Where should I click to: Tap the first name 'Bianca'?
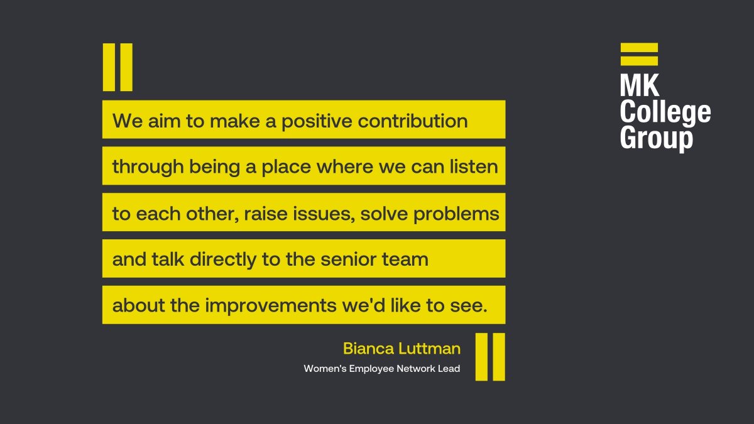[x=363, y=349]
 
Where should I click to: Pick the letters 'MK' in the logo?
[x=640, y=85]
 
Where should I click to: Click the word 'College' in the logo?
[x=665, y=112]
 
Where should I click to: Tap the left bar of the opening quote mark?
[x=109, y=67]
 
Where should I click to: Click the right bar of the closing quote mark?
[x=498, y=357]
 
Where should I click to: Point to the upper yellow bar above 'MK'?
[x=639, y=47]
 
